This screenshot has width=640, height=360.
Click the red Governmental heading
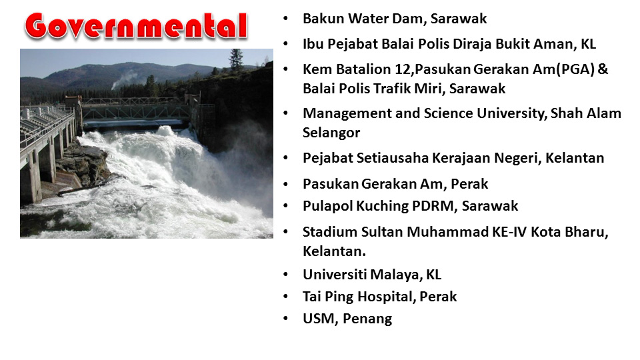pos(136,26)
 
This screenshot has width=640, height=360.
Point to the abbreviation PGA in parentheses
pos(575,69)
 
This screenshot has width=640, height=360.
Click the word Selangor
pos(331,133)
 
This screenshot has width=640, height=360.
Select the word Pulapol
pos(328,206)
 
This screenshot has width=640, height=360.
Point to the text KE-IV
pos(509,232)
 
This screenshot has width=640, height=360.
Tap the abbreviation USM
pos(319,319)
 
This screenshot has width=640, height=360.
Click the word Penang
pos(367,319)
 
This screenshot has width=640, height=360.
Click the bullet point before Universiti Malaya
pos(286,275)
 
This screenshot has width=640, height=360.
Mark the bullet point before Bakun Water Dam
pos(286,19)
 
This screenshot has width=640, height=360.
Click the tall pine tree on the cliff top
pos(236,61)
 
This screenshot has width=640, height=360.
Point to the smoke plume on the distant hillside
pos(125,81)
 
